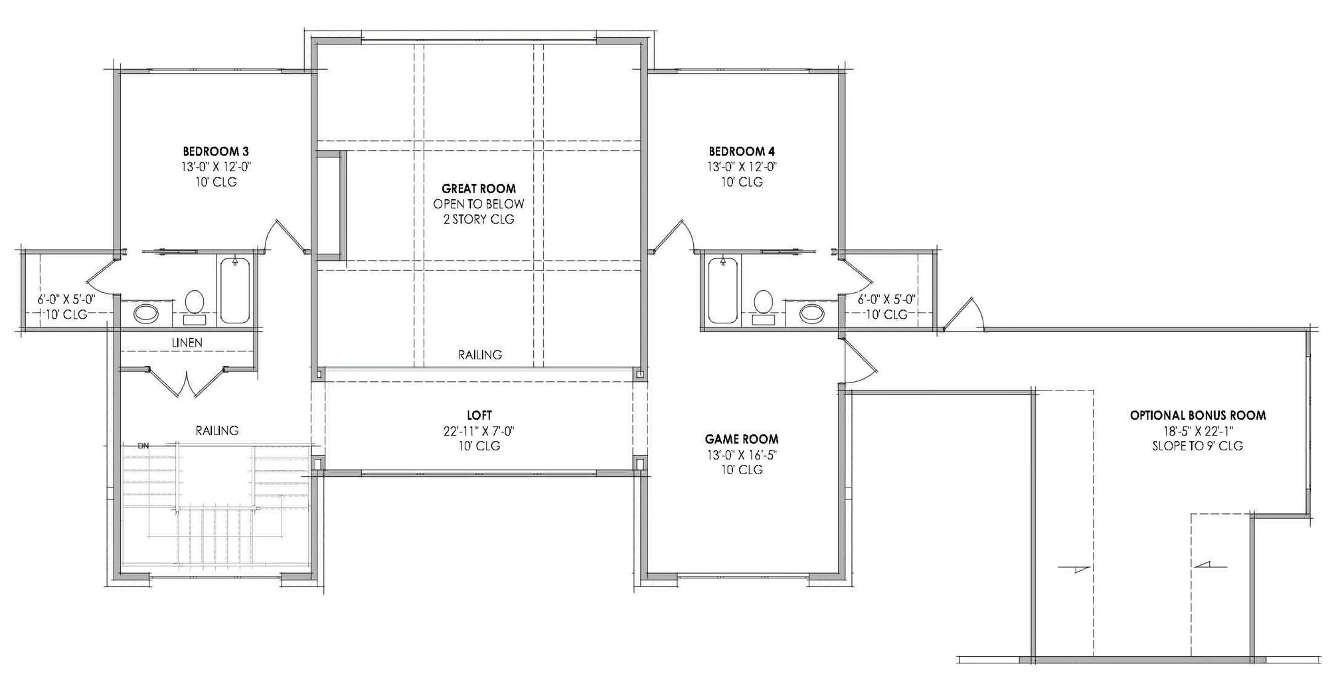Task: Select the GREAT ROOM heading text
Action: (479, 189)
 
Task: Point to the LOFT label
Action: (479, 416)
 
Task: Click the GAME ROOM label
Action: (742, 440)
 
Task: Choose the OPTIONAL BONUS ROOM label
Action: (1198, 416)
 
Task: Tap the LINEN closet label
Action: (187, 343)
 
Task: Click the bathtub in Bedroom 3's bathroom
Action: (234, 290)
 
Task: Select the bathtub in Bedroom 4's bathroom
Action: (723, 290)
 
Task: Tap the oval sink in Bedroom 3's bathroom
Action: (146, 313)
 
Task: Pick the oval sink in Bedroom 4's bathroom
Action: (811, 313)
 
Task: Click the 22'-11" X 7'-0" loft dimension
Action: (479, 432)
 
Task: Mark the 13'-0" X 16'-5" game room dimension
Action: (742, 455)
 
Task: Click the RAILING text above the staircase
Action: (217, 431)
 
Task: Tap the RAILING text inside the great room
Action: (480, 355)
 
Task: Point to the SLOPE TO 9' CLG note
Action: (1198, 446)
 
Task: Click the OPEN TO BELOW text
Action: (479, 205)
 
